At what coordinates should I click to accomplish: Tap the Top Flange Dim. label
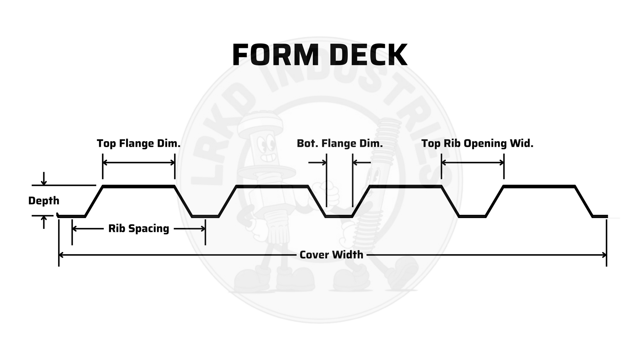click(139, 144)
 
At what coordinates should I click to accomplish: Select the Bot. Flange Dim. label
click(340, 144)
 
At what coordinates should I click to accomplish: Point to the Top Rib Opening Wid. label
click(477, 144)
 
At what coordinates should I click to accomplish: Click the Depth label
click(44, 201)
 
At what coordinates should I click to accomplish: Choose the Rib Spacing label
click(139, 229)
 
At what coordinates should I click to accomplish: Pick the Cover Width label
click(331, 255)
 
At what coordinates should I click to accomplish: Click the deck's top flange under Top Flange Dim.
click(139, 187)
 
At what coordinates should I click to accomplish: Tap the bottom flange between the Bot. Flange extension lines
click(339, 216)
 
